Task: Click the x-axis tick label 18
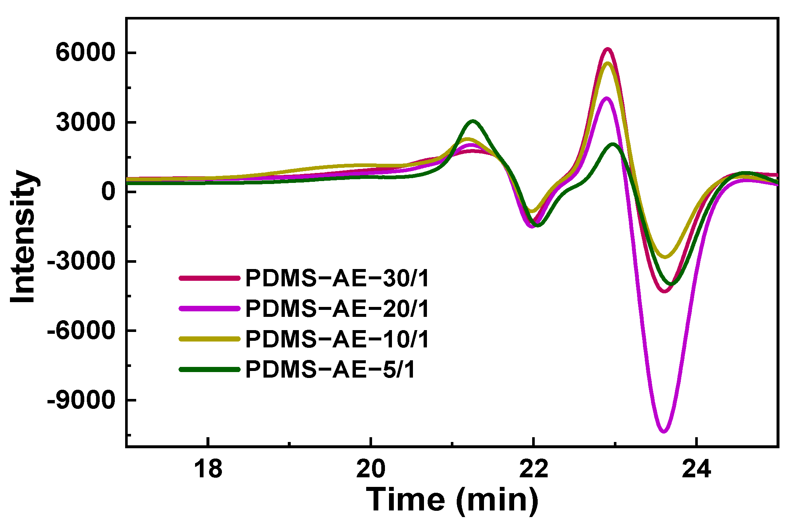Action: [208, 470]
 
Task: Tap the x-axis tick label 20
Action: [371, 470]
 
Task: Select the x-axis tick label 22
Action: [534, 470]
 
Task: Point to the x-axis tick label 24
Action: [696, 470]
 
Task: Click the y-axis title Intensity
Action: [23, 236]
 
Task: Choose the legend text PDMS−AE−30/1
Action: [337, 278]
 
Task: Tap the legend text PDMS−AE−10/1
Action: [337, 339]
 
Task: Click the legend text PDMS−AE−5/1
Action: [330, 369]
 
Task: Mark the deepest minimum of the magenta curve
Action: [664, 431]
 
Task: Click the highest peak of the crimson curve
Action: [608, 49]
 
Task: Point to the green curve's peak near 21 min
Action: [473, 121]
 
